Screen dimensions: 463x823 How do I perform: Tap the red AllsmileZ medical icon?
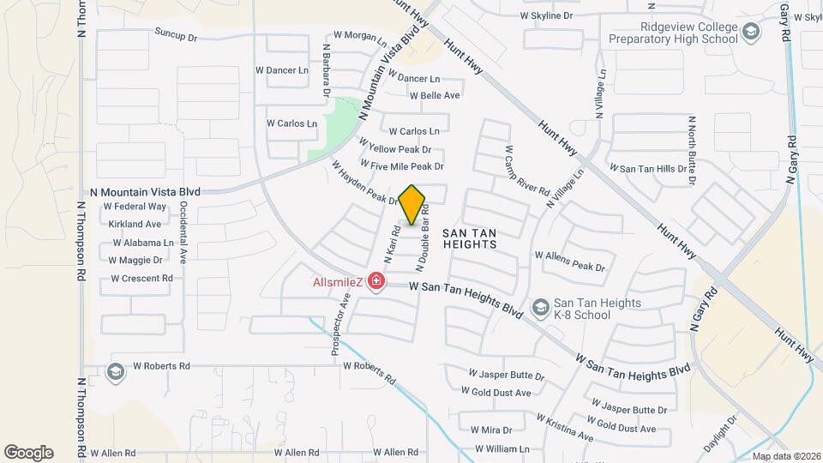pos(375,281)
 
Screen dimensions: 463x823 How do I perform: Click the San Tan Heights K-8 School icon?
pos(540,307)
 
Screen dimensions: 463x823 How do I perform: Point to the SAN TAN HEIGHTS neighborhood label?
pos(470,238)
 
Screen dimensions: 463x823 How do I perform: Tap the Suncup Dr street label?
pos(176,37)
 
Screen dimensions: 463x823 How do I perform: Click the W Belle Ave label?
pos(435,95)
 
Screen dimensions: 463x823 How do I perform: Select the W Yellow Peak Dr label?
pos(394,147)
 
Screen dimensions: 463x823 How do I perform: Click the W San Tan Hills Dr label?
pos(645,169)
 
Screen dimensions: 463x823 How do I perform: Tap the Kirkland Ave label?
pos(135,224)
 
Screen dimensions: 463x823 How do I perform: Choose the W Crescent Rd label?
pos(141,279)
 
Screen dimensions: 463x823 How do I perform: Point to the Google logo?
pos(28,453)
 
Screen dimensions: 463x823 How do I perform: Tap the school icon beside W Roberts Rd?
pos(116,371)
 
